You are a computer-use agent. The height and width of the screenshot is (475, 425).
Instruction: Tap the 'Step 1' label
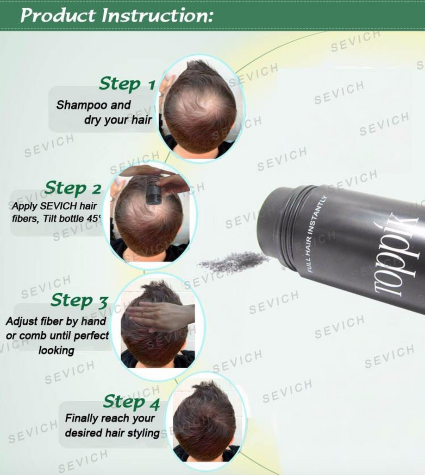tap(127, 84)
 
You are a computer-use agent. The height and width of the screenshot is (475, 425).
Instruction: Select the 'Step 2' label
tap(73, 188)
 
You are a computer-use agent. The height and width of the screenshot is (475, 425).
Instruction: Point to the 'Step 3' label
tap(79, 300)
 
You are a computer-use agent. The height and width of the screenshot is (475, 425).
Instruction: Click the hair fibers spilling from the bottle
tap(234, 262)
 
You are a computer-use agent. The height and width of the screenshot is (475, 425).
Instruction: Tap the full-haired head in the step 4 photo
tap(205, 417)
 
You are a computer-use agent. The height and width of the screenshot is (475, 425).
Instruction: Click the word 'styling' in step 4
tap(144, 433)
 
